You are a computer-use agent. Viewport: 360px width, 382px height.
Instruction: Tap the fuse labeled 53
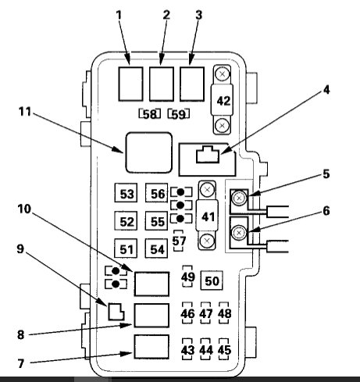coord(127,195)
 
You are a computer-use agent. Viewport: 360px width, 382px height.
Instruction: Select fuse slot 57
coord(180,242)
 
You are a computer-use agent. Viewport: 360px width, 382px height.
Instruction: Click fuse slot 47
coord(206,314)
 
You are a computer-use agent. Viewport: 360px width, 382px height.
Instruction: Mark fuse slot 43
coord(187,349)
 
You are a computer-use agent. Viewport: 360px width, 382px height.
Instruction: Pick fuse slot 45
coord(225,349)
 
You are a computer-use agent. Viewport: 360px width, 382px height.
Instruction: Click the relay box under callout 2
coord(163,80)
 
